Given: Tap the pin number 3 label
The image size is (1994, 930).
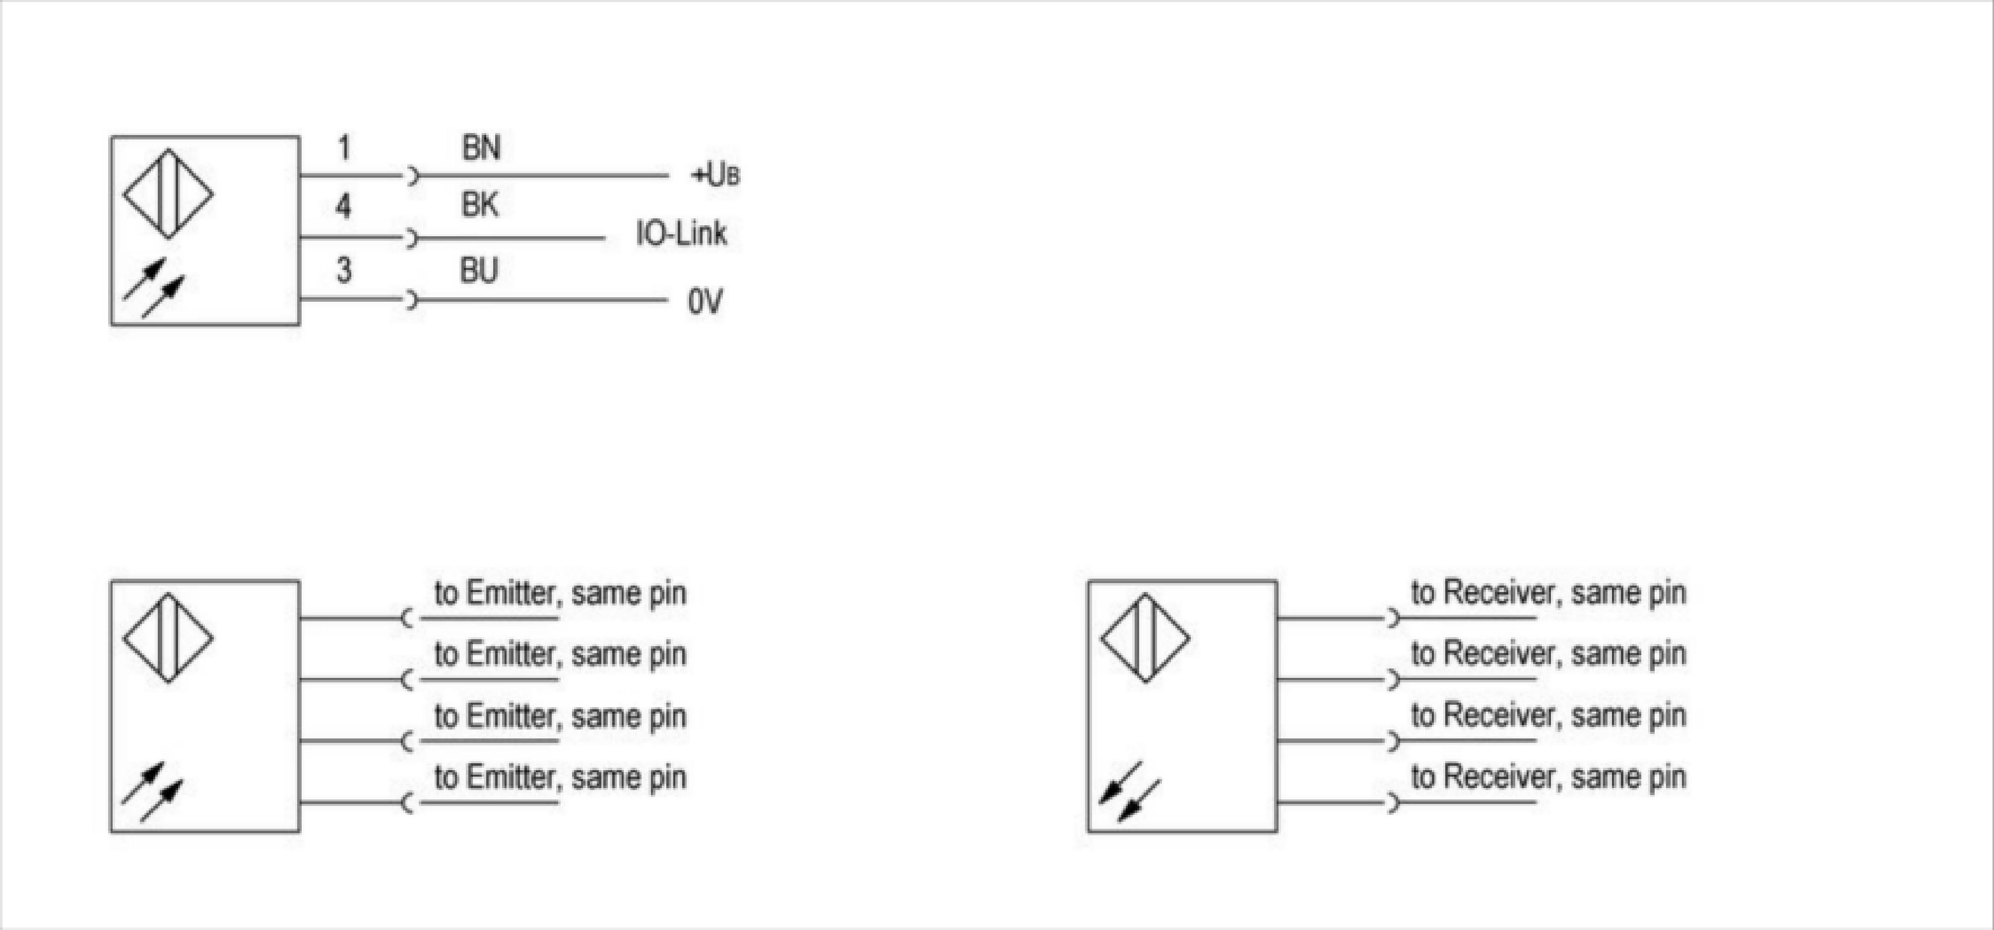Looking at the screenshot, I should [344, 270].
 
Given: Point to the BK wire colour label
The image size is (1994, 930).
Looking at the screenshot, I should [480, 205].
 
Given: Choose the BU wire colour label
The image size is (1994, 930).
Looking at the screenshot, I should [479, 270].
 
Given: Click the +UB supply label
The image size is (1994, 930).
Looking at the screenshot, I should [714, 176].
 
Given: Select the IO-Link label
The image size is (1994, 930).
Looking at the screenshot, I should [681, 233].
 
